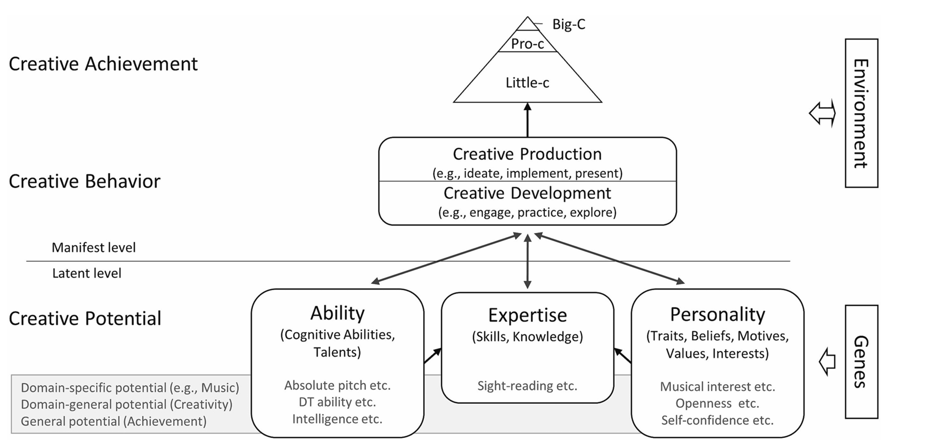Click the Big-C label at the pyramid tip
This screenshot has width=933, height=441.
569,24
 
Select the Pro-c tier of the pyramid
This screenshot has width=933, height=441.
528,44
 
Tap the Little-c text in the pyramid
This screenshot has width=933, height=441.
527,83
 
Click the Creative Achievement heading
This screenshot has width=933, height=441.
103,64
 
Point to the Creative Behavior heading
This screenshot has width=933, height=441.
85,181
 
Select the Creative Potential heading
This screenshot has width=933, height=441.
85,318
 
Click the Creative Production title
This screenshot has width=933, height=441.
527,153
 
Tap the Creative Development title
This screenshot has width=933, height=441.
527,193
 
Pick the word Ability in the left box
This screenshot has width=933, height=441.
337,313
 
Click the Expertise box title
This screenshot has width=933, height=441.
528,315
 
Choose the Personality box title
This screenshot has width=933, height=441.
717,314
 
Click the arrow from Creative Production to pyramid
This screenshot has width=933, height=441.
528,120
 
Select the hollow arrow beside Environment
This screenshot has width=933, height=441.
822,114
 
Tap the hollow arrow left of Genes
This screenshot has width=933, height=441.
827,362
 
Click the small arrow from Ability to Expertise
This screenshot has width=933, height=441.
433,355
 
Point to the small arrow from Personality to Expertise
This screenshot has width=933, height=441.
623,355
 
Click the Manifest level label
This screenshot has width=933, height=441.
93,248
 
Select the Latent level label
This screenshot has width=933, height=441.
87,273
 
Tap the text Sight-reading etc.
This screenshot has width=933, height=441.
527,386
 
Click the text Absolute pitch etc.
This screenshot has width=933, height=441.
338,385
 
